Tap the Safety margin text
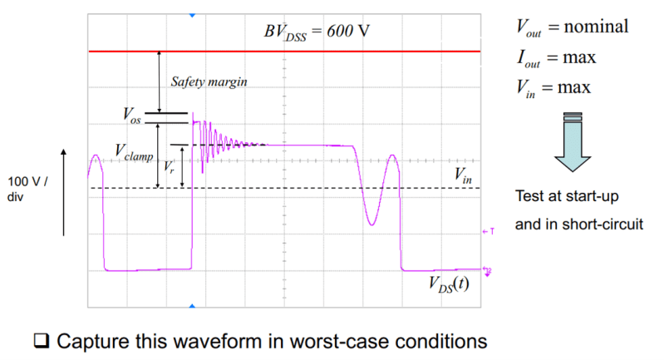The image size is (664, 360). (x=209, y=82)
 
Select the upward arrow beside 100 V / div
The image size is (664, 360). (x=66, y=187)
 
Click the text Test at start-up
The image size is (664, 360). (x=564, y=197)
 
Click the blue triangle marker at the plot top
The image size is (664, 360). (x=193, y=15)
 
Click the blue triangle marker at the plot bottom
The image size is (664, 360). (x=193, y=307)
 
